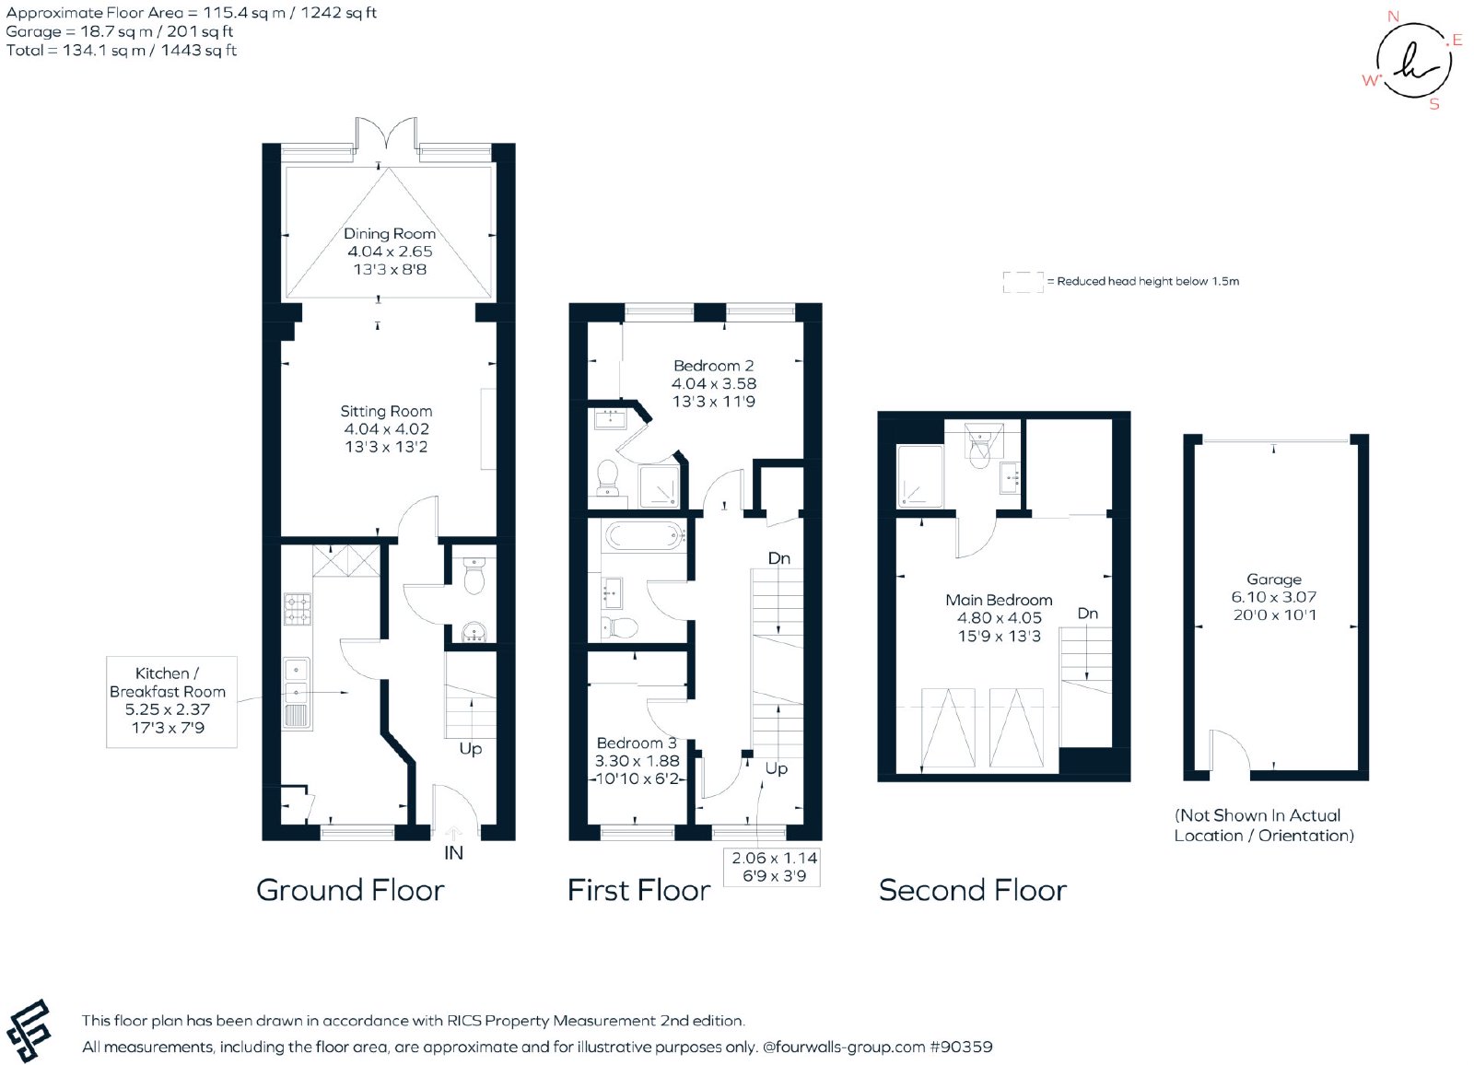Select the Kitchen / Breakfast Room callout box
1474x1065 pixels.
point(171,702)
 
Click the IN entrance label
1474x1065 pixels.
point(453,853)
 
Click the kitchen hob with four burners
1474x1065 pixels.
point(298,609)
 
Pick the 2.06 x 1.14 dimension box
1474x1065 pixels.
point(772,867)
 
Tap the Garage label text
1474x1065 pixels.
point(1274,579)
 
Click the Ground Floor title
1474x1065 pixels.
point(350,891)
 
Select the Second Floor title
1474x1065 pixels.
point(973,891)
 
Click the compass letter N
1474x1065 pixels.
point(1393,17)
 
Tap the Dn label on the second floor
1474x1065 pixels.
point(1088,614)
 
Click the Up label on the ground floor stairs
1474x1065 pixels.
point(471,749)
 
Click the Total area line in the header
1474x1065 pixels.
point(121,51)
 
